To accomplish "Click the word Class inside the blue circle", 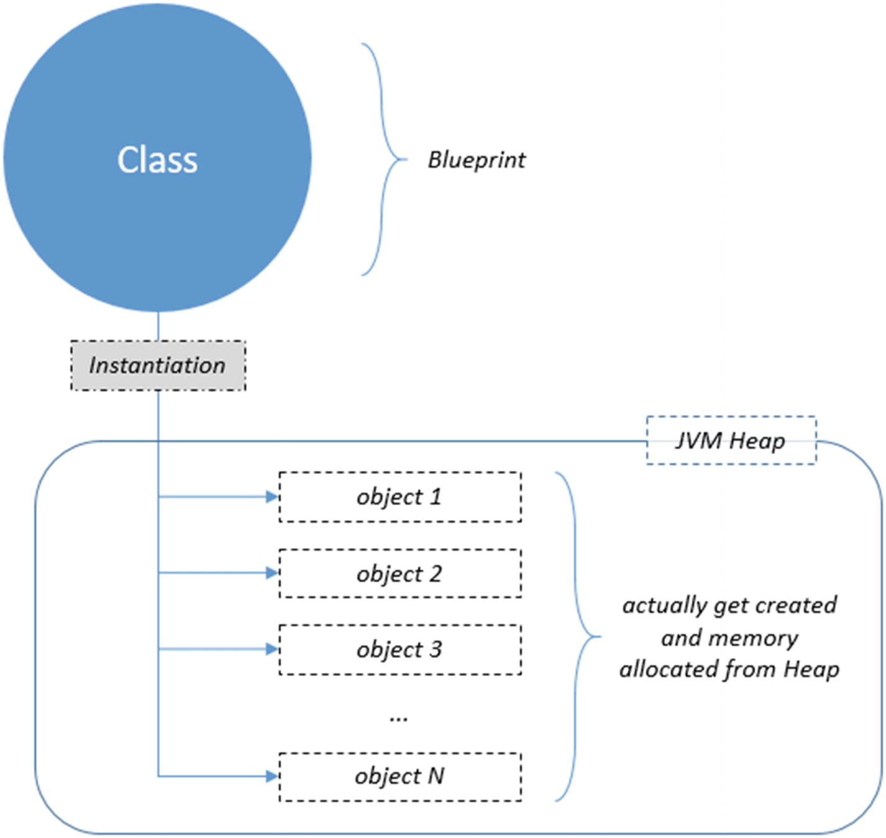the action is pyautogui.click(x=157, y=160).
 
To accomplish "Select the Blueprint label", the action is pyautogui.click(x=476, y=161).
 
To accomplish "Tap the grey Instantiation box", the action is pyautogui.click(x=158, y=365).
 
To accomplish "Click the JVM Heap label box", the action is pyautogui.click(x=731, y=440).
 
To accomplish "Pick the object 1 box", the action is pyautogui.click(x=400, y=496).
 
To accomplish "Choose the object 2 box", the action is pyautogui.click(x=400, y=573).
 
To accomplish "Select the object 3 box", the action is pyautogui.click(x=400, y=649).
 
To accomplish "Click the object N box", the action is pyautogui.click(x=400, y=776).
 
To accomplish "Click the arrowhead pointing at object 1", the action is pyautogui.click(x=272, y=496).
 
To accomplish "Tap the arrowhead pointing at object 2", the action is pyautogui.click(x=272, y=573).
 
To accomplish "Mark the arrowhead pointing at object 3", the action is pyautogui.click(x=272, y=649).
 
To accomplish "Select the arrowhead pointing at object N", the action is pyautogui.click(x=272, y=776).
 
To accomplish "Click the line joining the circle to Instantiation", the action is pyautogui.click(x=158, y=326).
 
